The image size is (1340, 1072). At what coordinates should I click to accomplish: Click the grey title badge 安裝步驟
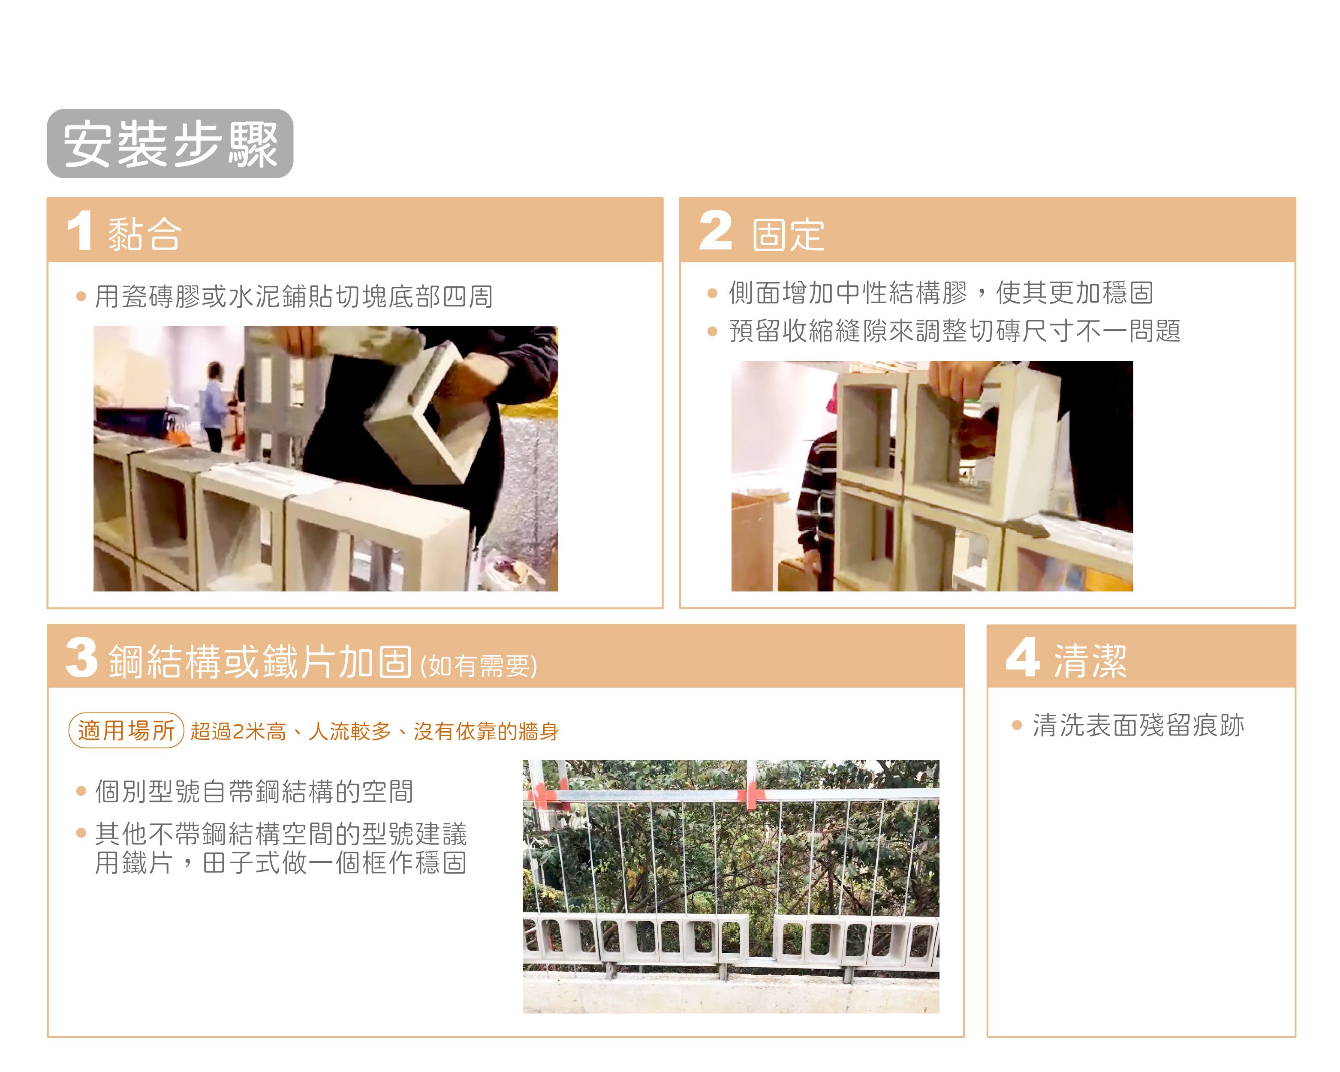point(170,144)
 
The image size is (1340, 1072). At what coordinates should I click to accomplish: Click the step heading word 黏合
point(145,234)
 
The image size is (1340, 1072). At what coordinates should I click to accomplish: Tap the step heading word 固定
point(788,235)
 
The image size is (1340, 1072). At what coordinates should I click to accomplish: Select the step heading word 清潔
point(1090,661)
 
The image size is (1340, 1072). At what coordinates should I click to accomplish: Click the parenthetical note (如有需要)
point(479,666)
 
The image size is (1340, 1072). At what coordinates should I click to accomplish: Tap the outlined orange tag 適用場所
point(126,730)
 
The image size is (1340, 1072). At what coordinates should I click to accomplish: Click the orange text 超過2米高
point(238,731)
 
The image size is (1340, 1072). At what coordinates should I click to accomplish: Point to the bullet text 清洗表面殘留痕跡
point(1138,725)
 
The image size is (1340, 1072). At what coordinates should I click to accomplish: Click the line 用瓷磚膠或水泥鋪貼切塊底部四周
point(294,297)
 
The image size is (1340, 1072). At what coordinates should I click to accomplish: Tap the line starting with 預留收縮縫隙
point(955,330)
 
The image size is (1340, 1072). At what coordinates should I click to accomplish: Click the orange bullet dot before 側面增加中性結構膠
point(712,293)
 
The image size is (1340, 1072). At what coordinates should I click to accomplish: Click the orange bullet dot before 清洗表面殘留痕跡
point(1017,725)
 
